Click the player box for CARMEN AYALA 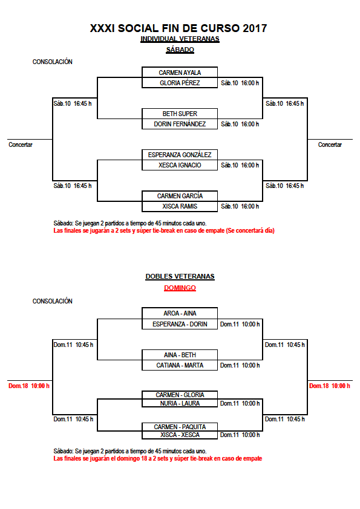click(x=180, y=73)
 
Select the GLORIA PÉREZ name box click(x=180, y=83)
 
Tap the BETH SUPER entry click(x=180, y=114)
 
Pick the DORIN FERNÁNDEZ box click(x=180, y=124)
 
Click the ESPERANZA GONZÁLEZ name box click(x=180, y=155)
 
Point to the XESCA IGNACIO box click(x=180, y=165)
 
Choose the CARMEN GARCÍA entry click(x=180, y=196)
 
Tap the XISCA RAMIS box click(x=180, y=207)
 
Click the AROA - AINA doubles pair click(x=180, y=313)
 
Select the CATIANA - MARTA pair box click(x=180, y=365)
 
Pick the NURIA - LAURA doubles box click(x=180, y=403)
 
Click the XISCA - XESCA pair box click(x=180, y=435)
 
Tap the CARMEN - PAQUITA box click(x=180, y=427)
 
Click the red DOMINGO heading click(x=180, y=288)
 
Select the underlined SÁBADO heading click(x=180, y=50)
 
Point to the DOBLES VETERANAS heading click(x=180, y=277)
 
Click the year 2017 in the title click(x=255, y=28)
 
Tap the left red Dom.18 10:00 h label click(x=29, y=386)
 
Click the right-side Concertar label click(x=330, y=144)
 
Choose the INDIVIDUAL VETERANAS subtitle click(x=180, y=39)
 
